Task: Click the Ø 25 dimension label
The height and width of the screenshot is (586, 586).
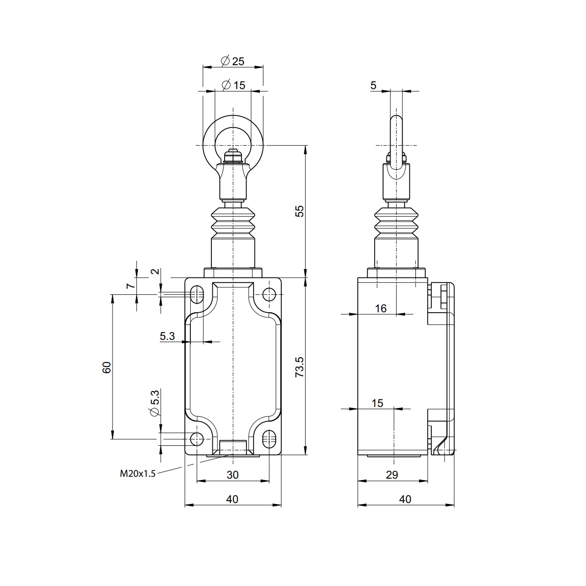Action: tap(233, 61)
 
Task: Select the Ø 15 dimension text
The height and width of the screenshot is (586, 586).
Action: tap(233, 85)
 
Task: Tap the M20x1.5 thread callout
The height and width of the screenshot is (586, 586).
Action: tap(137, 473)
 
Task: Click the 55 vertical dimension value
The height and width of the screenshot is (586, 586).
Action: tap(300, 211)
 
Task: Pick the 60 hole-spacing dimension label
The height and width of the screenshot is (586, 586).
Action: tap(107, 367)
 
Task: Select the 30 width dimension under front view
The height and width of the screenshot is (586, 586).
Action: tap(233, 475)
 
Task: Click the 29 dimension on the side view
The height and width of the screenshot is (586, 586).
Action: tap(392, 475)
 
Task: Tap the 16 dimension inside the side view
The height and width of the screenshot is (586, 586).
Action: tap(381, 308)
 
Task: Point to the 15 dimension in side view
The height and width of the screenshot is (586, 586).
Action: tap(377, 403)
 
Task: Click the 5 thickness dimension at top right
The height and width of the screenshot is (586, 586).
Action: tap(373, 85)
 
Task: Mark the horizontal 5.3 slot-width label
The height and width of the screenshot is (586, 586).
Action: tap(167, 336)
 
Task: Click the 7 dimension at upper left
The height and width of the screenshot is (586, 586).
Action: tap(131, 283)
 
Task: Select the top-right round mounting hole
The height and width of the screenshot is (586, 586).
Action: tap(269, 294)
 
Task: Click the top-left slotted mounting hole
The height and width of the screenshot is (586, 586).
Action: tap(197, 294)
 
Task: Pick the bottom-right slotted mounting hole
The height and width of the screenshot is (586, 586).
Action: tap(269, 439)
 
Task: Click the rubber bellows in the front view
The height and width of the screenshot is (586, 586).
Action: tap(233, 223)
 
